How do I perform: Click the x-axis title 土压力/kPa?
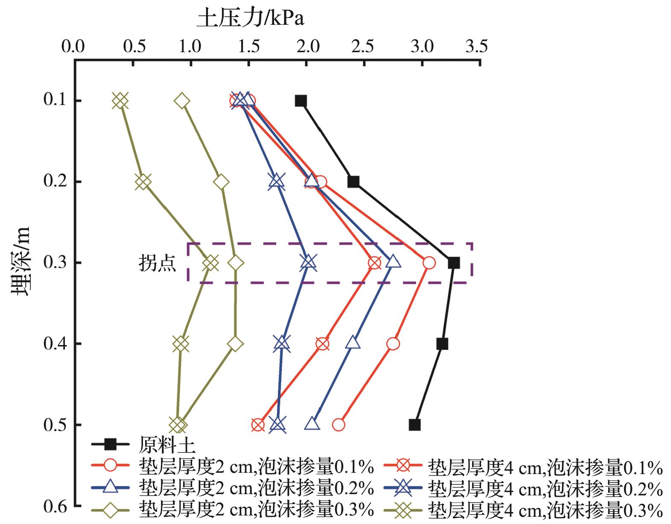(250, 19)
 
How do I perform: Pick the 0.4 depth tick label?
(55, 343)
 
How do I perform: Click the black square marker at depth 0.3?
(454, 263)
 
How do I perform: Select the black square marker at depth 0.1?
(301, 101)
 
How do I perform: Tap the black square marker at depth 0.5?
(414, 425)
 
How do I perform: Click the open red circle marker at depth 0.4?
(393, 344)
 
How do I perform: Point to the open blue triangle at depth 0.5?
(312, 424)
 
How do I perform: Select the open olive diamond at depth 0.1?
(182, 101)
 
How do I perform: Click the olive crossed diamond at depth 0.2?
(143, 182)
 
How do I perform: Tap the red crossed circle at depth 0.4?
(323, 344)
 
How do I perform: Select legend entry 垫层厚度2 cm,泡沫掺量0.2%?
(257, 488)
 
